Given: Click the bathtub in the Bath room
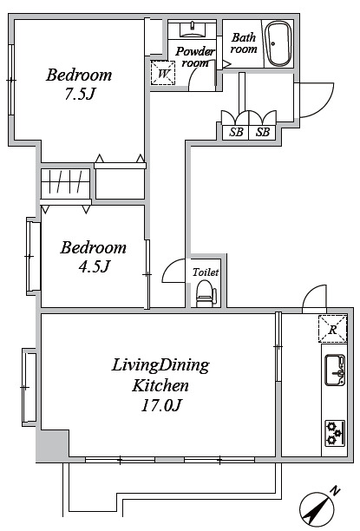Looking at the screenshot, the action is pos(278,44).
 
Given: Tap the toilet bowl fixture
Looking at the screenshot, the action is pos(206,294).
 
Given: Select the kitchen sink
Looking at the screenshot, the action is pos(335,370).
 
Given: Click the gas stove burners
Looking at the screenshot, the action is pos(335,433).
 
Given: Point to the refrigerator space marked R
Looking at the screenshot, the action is pos(332,329).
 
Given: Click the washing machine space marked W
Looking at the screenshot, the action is pos(163,73).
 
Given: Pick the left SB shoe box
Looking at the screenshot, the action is pos(236,132).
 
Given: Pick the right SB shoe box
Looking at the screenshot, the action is pos(263,132).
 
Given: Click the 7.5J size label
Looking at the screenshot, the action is pos(79,95).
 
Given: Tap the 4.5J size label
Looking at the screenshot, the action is pos(95,267).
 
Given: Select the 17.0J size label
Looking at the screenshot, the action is pos(161,404).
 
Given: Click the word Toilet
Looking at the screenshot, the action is pos(206,272).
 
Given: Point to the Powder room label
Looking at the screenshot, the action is pos(195,57).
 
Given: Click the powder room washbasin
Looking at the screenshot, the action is pos(193,29).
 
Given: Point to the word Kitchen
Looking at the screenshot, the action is pos(160,385).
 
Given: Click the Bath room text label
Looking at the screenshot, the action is pos(244,43).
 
